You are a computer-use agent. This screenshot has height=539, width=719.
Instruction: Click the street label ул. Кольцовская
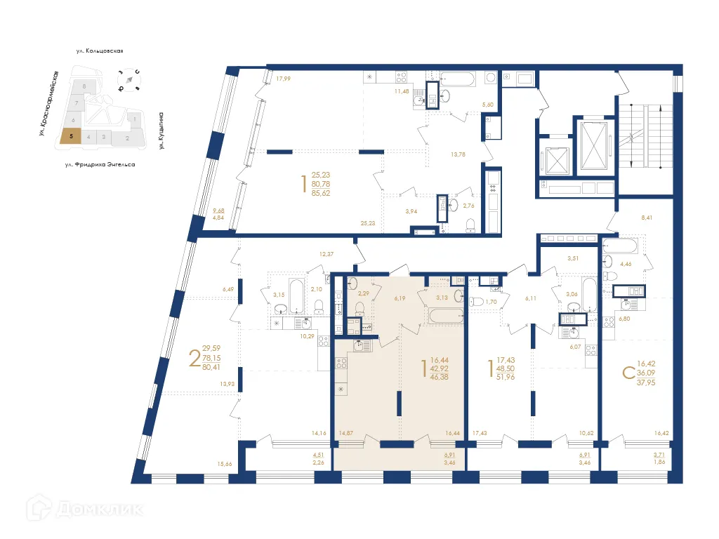tap(100, 51)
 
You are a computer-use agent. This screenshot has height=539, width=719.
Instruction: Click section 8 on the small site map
tap(84, 86)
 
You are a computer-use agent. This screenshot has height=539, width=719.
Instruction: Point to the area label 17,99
tap(283, 79)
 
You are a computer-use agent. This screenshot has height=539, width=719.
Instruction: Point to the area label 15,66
tap(225, 464)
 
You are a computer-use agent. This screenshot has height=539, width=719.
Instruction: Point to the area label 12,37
tap(326, 253)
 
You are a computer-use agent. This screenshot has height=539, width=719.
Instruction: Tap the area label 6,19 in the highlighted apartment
tap(400, 298)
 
